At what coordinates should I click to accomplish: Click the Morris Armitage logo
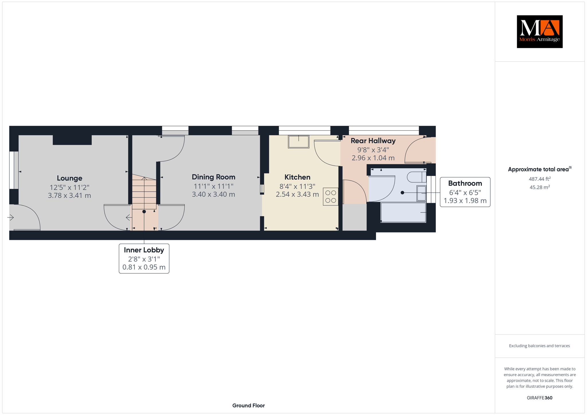(539, 32)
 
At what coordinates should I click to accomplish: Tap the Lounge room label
(69, 178)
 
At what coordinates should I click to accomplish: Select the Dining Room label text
(214, 177)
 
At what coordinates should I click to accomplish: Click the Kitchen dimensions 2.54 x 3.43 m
(297, 195)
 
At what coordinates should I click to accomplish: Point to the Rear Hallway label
(373, 141)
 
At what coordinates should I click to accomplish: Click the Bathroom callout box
(465, 192)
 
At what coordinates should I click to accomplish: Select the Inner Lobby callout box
(144, 259)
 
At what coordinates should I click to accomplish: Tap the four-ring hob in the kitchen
(331, 197)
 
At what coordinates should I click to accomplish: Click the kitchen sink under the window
(299, 142)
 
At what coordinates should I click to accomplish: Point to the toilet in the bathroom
(417, 177)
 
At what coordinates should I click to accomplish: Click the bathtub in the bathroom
(403, 212)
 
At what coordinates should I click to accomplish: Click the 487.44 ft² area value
(540, 179)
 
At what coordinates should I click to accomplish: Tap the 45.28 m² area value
(540, 187)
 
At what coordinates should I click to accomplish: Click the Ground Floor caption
(249, 406)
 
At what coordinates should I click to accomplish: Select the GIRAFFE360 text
(539, 398)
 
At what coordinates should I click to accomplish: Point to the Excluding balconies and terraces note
(539, 346)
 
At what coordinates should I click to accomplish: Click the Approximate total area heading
(540, 169)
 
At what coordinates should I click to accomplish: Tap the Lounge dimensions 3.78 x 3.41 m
(69, 196)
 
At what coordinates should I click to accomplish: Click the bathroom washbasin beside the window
(421, 193)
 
